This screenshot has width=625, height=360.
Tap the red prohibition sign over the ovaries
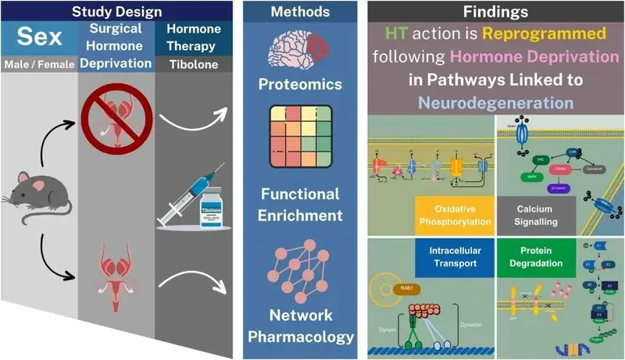point(115,126)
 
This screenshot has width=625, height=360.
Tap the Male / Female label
point(39,63)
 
